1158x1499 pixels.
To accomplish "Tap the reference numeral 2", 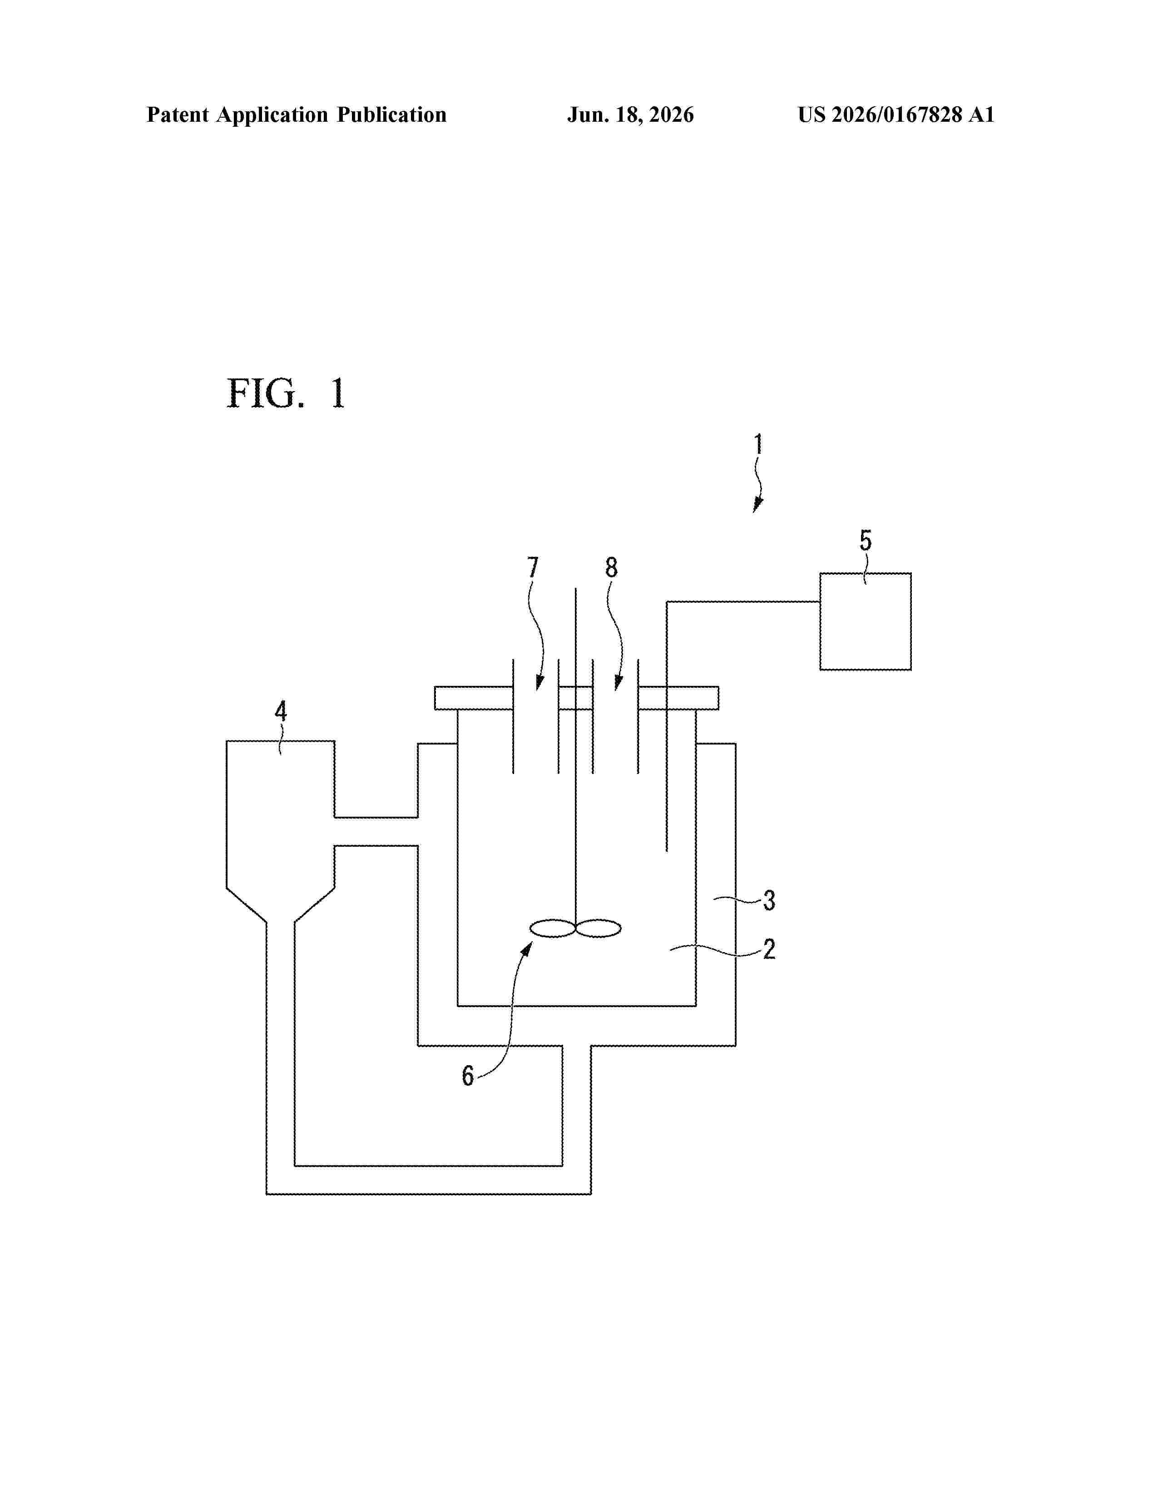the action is point(769,949).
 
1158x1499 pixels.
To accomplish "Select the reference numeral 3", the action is point(769,900).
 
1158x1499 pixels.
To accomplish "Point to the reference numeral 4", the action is point(281,711).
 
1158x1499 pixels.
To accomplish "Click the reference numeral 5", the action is point(866,541).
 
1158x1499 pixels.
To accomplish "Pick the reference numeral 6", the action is point(468,1076).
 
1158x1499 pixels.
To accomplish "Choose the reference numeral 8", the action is point(611,568).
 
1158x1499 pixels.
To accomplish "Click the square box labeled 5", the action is point(866,621).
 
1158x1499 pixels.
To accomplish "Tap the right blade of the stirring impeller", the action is point(598,928).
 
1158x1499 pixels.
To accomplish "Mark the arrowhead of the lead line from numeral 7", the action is point(539,682).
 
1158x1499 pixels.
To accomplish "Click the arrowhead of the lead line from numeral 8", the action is point(618,682).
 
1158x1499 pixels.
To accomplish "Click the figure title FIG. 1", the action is point(286,393).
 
